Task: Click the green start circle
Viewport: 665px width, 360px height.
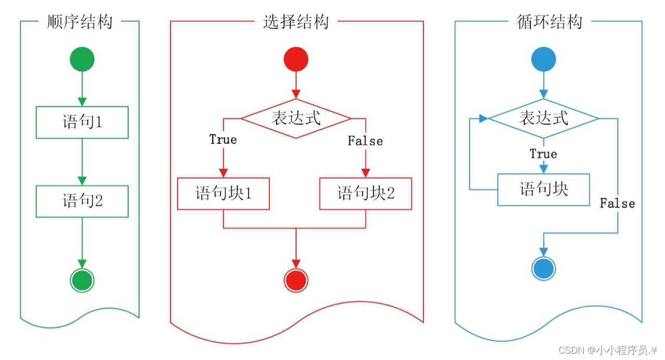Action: click(x=82, y=59)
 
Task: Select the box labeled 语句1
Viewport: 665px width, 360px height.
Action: click(x=82, y=123)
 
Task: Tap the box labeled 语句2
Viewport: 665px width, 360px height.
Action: click(x=82, y=201)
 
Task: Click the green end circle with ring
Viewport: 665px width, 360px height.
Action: click(x=82, y=281)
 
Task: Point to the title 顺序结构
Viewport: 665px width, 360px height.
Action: click(x=79, y=22)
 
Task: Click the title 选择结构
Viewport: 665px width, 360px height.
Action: click(x=296, y=22)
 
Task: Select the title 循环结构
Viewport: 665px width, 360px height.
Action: click(x=550, y=22)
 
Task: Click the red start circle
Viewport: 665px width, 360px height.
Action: click(x=296, y=59)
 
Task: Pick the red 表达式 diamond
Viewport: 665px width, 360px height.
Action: click(x=296, y=119)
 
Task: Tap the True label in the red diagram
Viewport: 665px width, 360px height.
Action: click(x=223, y=140)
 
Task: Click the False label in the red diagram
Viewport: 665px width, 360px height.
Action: click(x=365, y=141)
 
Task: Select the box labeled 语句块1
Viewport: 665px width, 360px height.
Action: click(x=223, y=194)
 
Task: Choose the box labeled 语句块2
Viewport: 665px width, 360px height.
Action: click(x=366, y=194)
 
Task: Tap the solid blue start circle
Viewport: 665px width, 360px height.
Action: click(x=544, y=59)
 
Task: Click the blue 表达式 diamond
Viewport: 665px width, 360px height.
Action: click(x=544, y=119)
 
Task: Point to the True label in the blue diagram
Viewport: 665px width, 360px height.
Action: click(x=543, y=154)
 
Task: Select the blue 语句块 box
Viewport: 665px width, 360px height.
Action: click(x=544, y=190)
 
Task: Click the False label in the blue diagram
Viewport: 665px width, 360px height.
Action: click(x=617, y=203)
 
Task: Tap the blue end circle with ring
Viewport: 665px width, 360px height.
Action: click(x=544, y=269)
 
